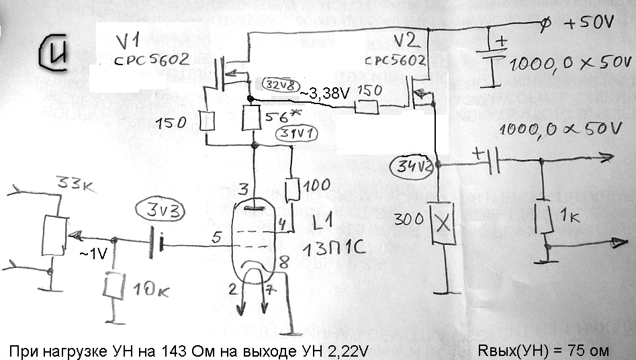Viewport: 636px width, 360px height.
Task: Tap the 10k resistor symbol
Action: click(x=114, y=288)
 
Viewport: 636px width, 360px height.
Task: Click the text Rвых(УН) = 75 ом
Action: click(x=543, y=350)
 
